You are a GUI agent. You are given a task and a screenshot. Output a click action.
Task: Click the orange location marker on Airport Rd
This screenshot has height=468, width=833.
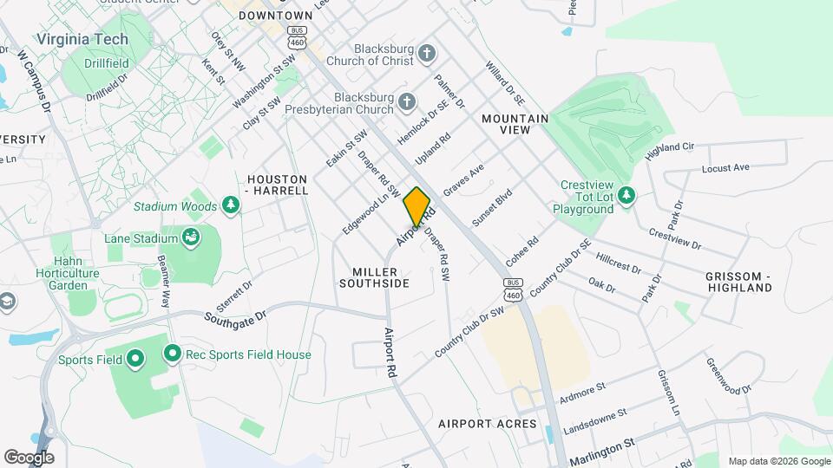[x=416, y=206]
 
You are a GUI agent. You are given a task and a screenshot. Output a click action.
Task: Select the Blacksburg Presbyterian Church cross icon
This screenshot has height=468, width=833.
[x=406, y=105]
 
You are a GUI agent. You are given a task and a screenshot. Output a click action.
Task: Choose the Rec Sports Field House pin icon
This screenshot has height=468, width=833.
[x=172, y=354]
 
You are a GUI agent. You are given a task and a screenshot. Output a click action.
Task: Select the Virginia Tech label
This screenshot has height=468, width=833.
[x=82, y=39]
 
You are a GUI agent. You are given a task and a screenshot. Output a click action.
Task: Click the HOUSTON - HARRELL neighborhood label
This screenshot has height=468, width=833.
[x=278, y=184]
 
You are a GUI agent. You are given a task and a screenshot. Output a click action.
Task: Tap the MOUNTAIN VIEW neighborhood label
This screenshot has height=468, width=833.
[x=515, y=123]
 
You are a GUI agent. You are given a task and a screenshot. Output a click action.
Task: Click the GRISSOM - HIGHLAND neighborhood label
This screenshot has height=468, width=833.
[x=738, y=281]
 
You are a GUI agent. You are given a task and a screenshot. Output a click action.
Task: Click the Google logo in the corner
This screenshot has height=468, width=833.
[x=29, y=457]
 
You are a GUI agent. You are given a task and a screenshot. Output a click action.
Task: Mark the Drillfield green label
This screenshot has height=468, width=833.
[x=108, y=63]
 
